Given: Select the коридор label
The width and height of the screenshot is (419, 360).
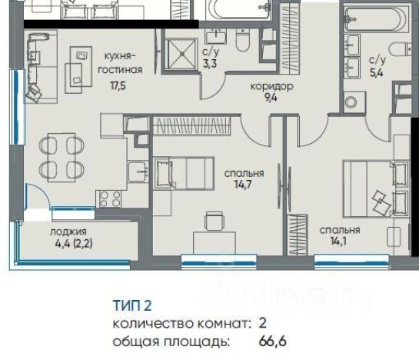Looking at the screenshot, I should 266,85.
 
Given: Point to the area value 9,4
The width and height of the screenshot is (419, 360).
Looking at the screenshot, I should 266,97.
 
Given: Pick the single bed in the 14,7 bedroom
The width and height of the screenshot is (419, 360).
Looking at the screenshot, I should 185,172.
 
